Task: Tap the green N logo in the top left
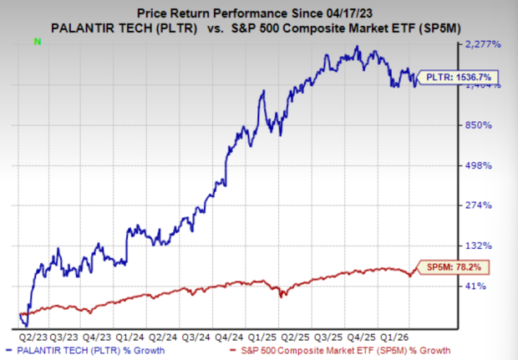click(35, 40)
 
